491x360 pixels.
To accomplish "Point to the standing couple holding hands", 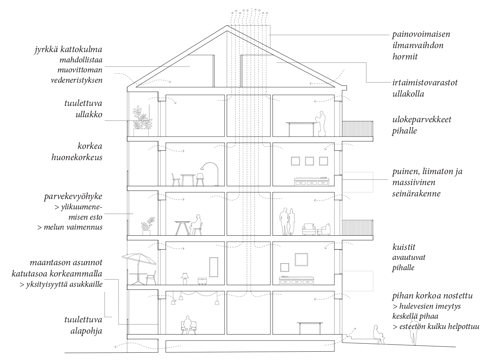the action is coord(287,221).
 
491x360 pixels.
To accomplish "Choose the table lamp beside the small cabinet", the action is coord(185,279).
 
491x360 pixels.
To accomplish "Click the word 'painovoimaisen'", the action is coord(421,34).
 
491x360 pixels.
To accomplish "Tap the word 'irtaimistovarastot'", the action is coord(425,83).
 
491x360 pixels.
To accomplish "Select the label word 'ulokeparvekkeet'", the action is coord(422,120).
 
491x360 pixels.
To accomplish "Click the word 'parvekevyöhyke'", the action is coord(73,196).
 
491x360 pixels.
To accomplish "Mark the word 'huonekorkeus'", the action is coord(77,158).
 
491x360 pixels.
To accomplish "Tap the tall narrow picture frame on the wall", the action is coord(214,267).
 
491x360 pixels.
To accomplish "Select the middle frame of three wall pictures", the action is coord(309,161).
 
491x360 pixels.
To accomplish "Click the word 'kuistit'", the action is coord(404,247).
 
